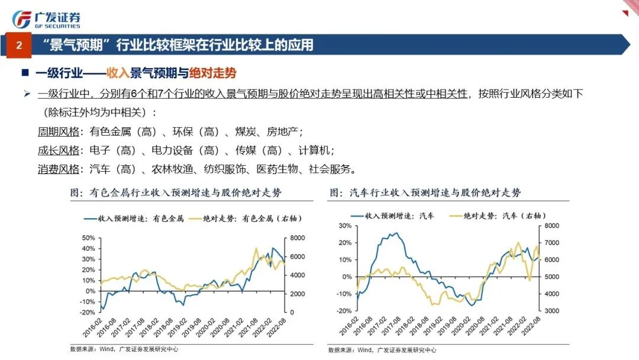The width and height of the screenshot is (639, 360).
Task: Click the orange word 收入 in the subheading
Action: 117,73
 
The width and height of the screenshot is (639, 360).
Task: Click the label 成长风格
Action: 58,150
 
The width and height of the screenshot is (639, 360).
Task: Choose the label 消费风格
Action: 58,169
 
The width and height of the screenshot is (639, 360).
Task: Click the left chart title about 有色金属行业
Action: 176,193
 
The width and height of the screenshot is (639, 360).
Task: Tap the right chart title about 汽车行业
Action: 425,193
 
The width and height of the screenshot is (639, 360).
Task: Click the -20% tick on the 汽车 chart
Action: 344,311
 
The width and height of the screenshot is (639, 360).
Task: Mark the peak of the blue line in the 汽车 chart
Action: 395,233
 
